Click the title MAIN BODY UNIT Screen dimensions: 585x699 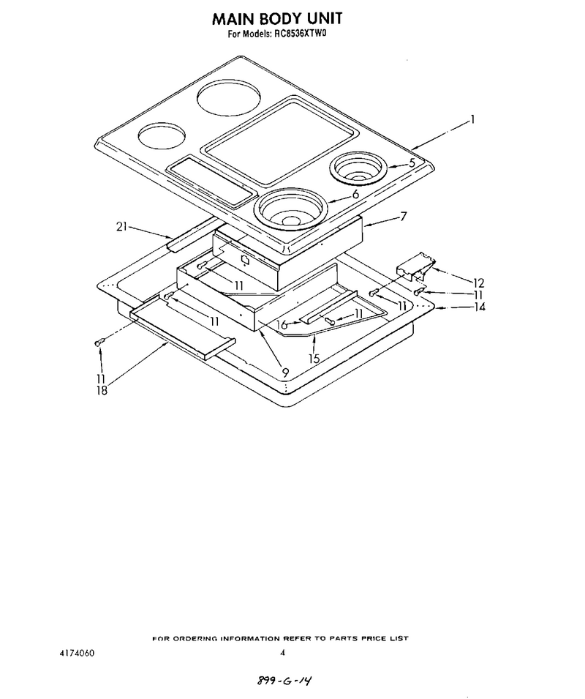coord(277,18)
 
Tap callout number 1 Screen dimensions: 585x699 coord(472,119)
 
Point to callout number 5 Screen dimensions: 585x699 coord(412,162)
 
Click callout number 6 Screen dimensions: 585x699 coord(355,195)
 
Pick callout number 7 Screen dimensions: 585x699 coord(403,217)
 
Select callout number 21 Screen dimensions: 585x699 coord(121,227)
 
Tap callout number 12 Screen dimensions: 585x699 coord(478,283)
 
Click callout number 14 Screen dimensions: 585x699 coord(480,307)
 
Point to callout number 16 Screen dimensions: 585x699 coord(282,325)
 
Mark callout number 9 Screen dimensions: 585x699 coord(285,373)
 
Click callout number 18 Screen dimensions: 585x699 coord(102,391)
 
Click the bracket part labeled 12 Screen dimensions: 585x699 coord(415,266)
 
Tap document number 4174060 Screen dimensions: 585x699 coord(77,654)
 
